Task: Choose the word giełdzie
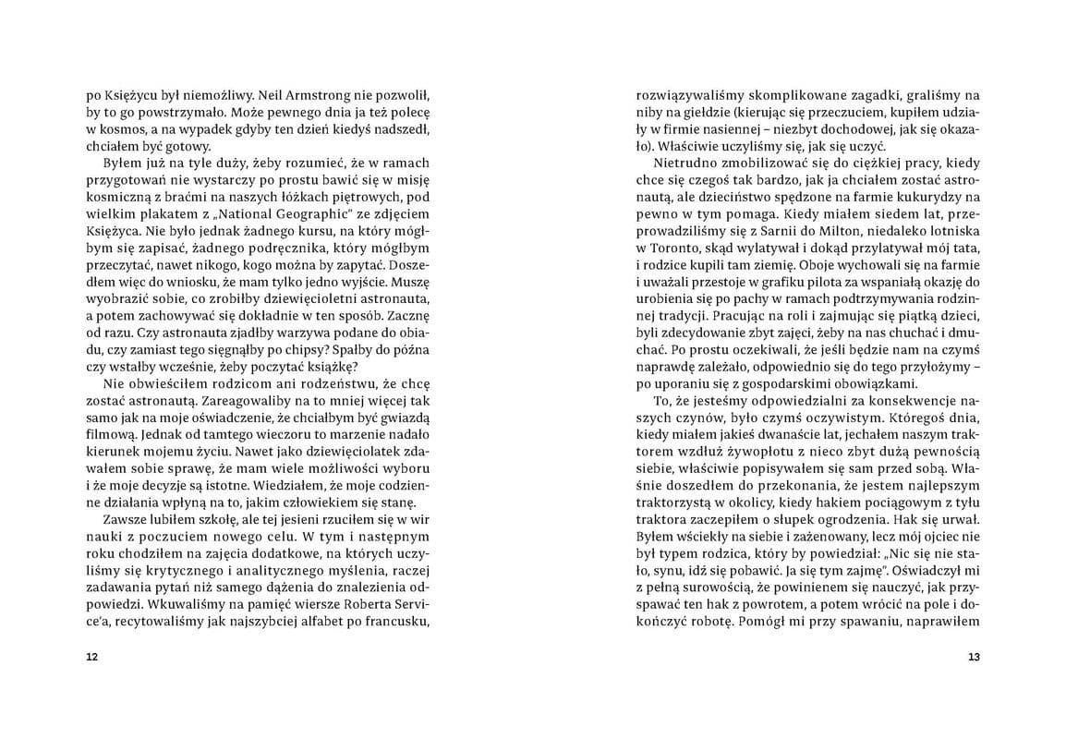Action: click(689, 115)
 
